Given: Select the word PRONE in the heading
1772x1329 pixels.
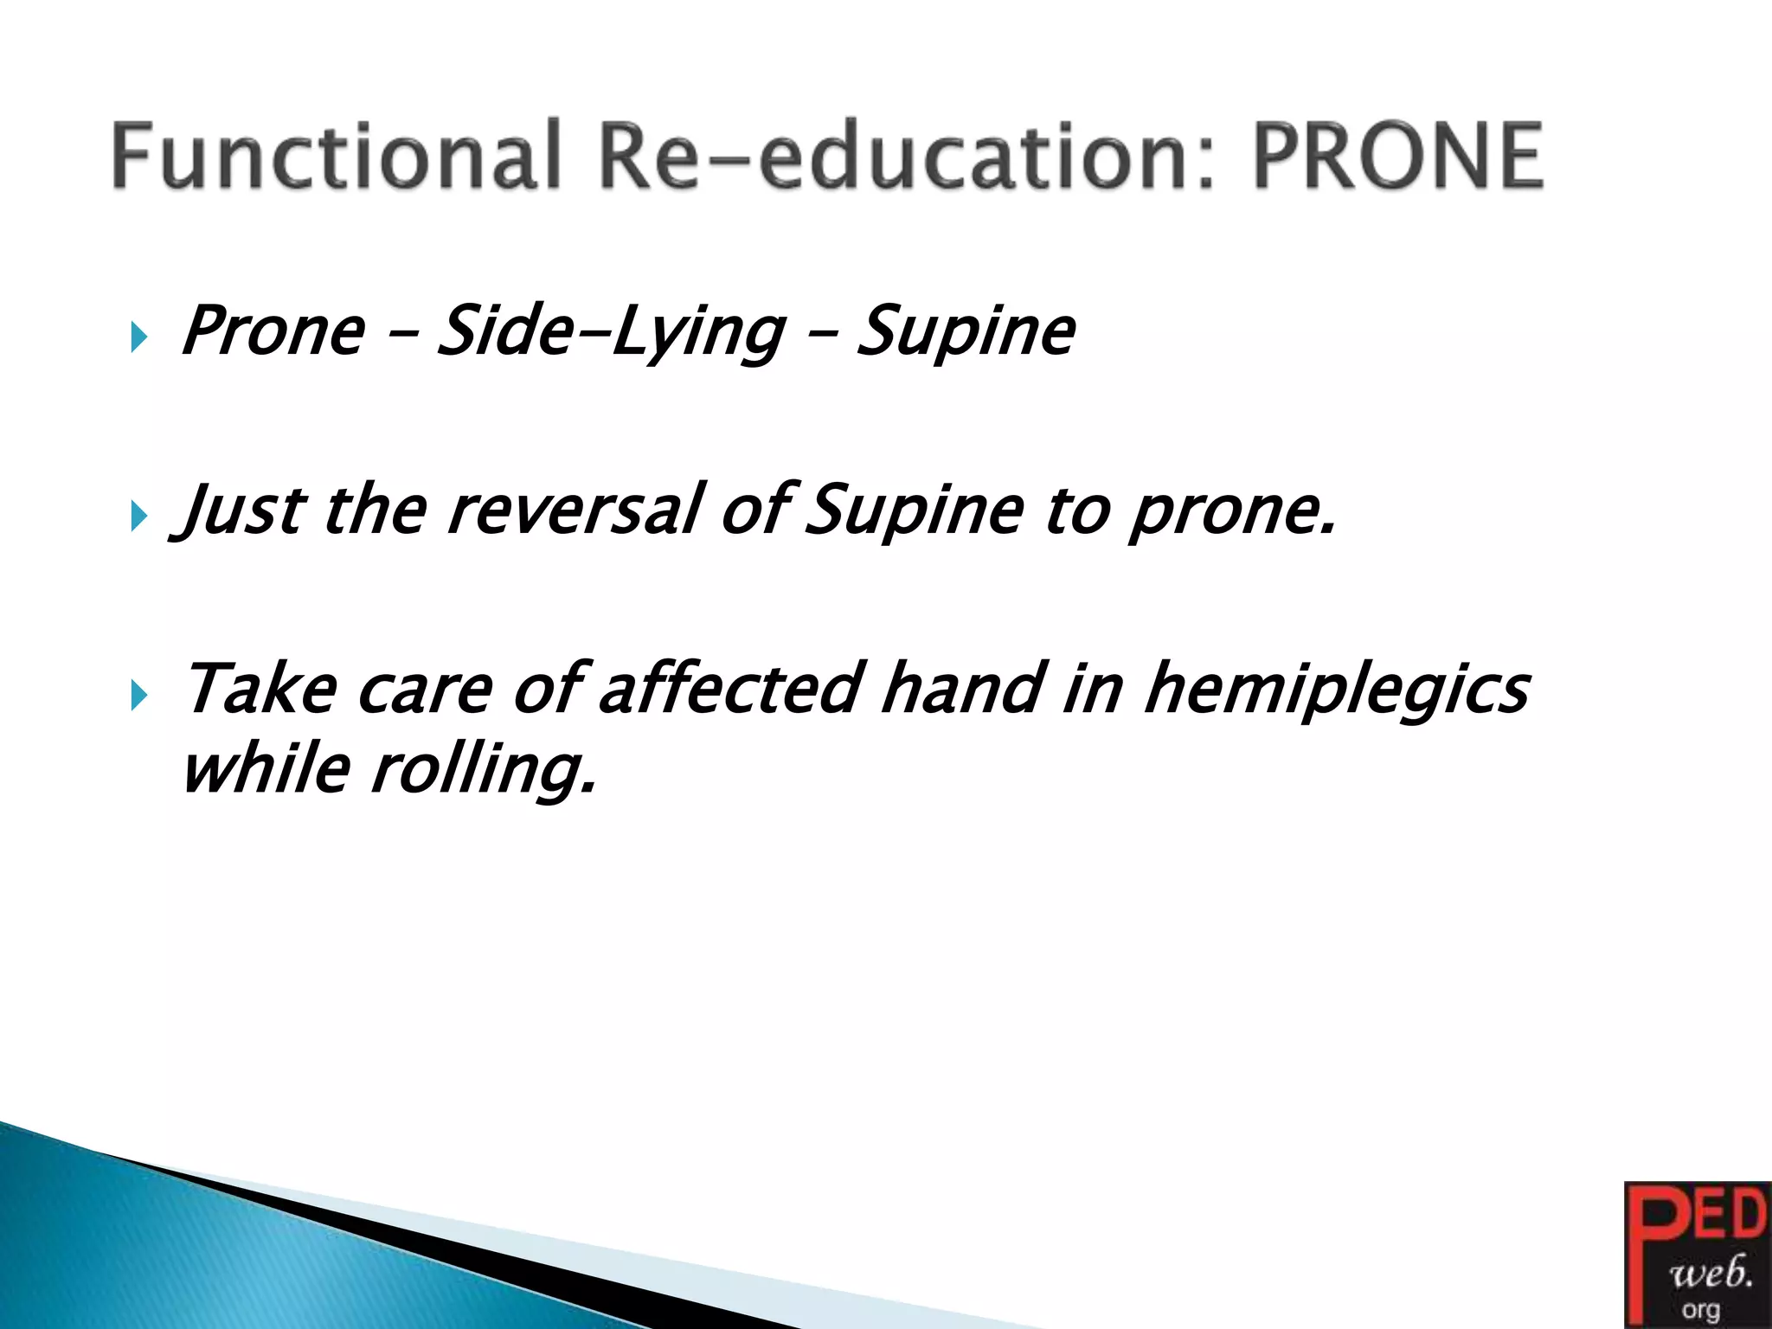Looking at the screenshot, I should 1397,156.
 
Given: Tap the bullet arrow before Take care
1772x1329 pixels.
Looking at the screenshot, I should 138,695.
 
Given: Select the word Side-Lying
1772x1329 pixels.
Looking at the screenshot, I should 611,332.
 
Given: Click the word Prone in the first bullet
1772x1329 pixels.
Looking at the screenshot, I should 273,332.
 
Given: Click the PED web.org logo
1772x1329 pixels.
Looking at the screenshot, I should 1697,1255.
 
